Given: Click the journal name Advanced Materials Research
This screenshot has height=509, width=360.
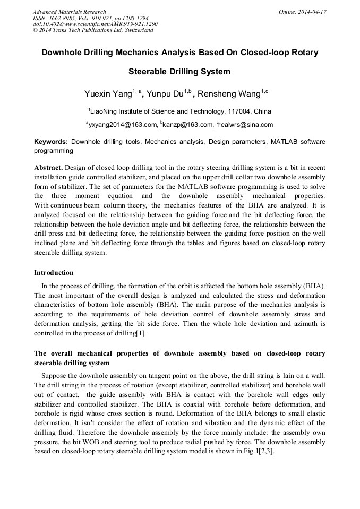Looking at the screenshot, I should tap(69, 12).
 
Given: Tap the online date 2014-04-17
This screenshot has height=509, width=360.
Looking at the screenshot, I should tap(311, 12).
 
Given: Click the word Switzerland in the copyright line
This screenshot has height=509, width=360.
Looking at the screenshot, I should tap(137, 30).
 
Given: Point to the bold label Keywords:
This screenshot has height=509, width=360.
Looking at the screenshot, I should tap(51, 142).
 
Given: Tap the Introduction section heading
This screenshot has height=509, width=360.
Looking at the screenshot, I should tap(54, 273).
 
